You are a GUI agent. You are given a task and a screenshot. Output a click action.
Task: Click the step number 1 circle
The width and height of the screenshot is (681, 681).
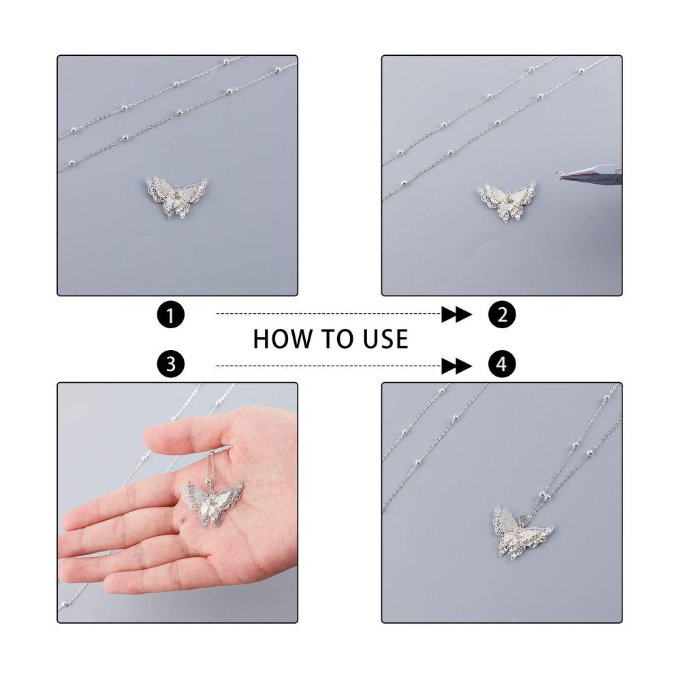(x=171, y=315)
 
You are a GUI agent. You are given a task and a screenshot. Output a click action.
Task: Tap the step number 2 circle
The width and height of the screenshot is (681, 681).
(x=502, y=315)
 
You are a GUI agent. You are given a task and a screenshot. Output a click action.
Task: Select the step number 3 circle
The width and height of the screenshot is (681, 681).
(x=171, y=364)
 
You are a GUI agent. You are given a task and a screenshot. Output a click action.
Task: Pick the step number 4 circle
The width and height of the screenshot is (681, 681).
(x=502, y=364)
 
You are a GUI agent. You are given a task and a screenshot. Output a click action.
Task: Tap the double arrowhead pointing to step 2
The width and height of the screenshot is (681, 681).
(x=456, y=314)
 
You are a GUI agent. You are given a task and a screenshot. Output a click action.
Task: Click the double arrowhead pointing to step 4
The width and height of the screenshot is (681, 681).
(x=456, y=366)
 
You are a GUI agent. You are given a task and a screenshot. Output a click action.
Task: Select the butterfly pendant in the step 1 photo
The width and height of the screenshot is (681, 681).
(x=176, y=196)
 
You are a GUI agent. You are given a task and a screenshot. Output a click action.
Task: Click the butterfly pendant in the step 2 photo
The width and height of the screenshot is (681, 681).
(x=507, y=202)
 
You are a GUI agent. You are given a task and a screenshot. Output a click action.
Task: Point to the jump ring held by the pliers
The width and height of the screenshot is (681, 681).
(x=558, y=176)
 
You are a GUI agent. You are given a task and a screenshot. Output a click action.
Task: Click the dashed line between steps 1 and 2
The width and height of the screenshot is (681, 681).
(x=329, y=313)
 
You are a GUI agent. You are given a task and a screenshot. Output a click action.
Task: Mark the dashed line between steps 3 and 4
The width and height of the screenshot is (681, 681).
(x=329, y=366)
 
